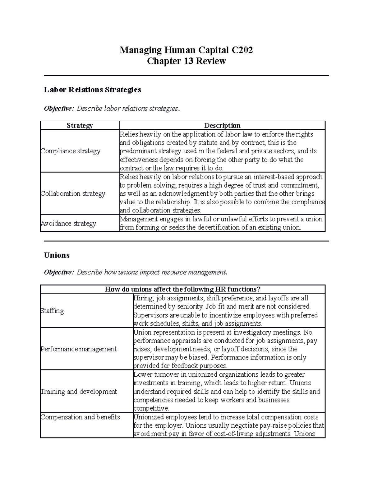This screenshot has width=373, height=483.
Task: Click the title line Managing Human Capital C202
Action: click(x=186, y=50)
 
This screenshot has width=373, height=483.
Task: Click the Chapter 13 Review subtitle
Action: click(x=186, y=61)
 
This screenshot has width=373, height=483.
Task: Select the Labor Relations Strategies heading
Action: click(x=92, y=90)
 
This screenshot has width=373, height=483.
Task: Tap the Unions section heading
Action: click(x=57, y=255)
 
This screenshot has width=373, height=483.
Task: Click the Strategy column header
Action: click(x=80, y=125)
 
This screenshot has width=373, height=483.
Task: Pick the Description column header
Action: click(x=222, y=125)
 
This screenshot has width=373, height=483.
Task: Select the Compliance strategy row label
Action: click(x=71, y=151)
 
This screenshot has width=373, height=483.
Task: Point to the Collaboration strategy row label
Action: click(x=73, y=193)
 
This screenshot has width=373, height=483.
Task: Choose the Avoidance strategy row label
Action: click(x=68, y=223)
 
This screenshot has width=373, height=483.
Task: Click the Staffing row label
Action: click(x=52, y=311)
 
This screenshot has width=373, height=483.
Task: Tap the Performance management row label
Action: click(x=79, y=349)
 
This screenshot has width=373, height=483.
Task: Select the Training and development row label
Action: click(x=79, y=392)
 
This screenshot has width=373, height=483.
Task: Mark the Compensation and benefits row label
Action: click(x=80, y=417)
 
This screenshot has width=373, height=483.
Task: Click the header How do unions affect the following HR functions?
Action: click(x=182, y=289)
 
